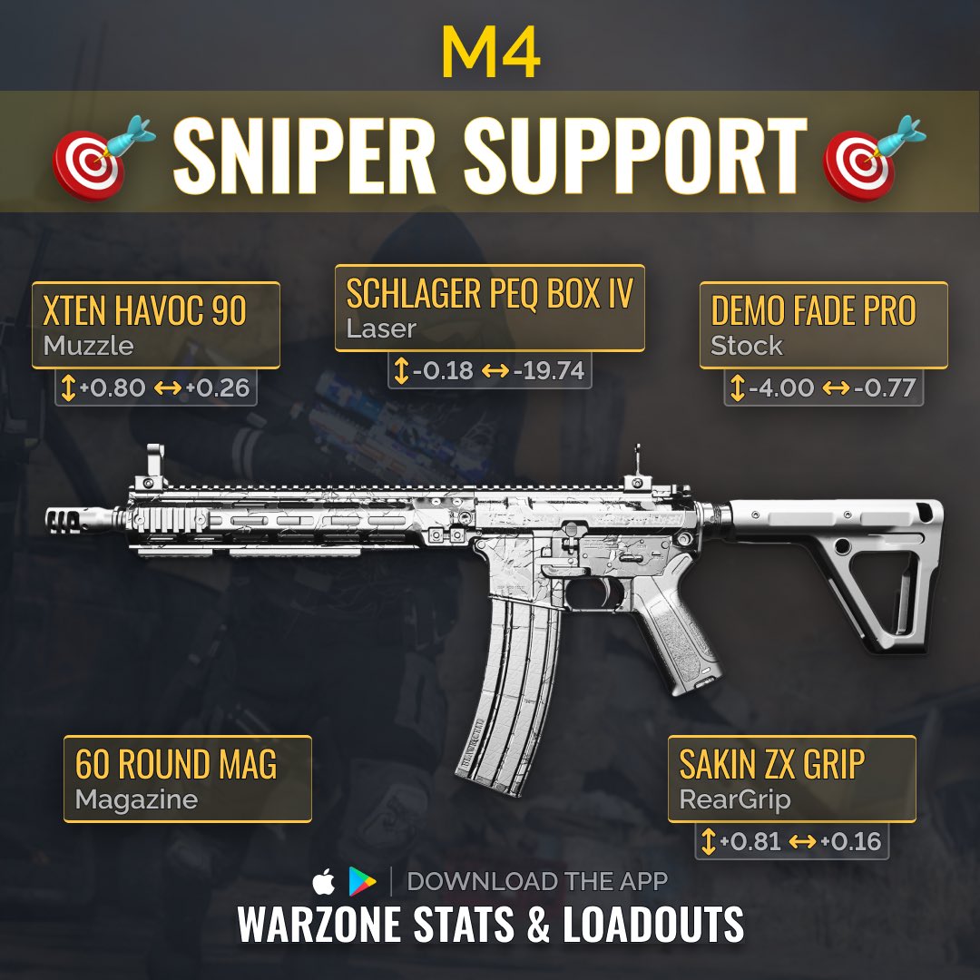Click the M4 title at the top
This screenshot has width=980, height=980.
click(x=490, y=55)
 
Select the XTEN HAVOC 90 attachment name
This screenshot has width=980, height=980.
click(x=144, y=311)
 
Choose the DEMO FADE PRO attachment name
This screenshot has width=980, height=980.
click(x=814, y=311)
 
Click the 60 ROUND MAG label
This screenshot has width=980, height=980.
click(x=176, y=765)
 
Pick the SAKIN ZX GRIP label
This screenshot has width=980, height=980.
click(x=773, y=765)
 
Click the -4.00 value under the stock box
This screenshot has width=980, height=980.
click(x=781, y=388)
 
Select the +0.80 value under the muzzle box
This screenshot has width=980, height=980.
click(x=113, y=388)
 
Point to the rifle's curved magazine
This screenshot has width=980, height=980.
click(x=508, y=690)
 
